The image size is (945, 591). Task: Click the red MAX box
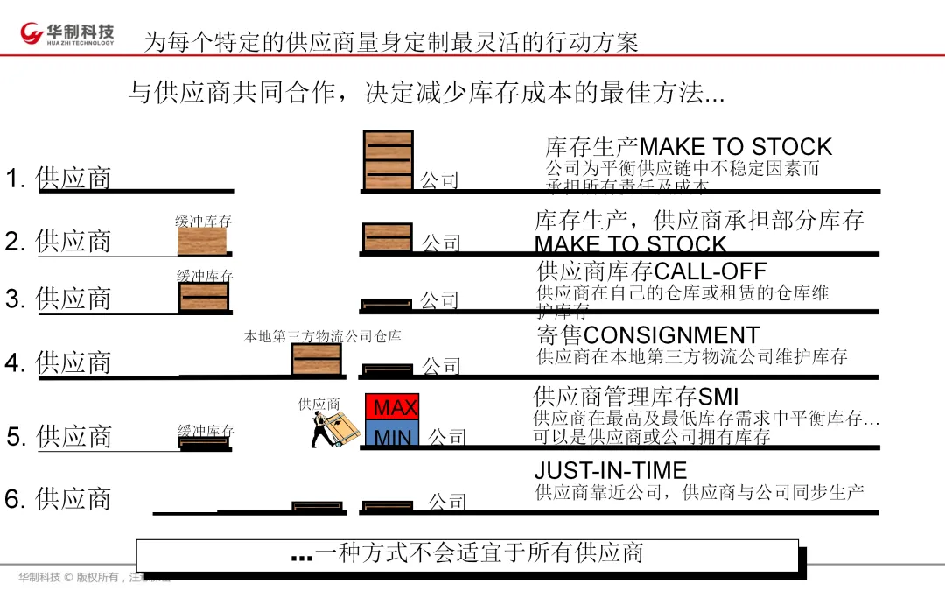(392, 407)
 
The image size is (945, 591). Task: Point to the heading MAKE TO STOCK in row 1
(736, 146)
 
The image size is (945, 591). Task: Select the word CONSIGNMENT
(671, 335)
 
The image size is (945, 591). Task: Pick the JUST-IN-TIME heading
(611, 471)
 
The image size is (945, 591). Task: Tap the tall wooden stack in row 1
(388, 160)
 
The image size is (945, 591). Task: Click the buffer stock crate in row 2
(202, 241)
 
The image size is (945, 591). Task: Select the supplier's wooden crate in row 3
(204, 298)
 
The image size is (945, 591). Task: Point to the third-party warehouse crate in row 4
(316, 359)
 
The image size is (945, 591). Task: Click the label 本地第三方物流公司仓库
(322, 336)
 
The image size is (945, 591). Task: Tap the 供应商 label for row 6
(73, 499)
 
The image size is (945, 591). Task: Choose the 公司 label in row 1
(439, 180)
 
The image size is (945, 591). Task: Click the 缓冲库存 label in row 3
(205, 277)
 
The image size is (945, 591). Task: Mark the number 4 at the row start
(13, 362)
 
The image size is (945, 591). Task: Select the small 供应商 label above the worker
(318, 404)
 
